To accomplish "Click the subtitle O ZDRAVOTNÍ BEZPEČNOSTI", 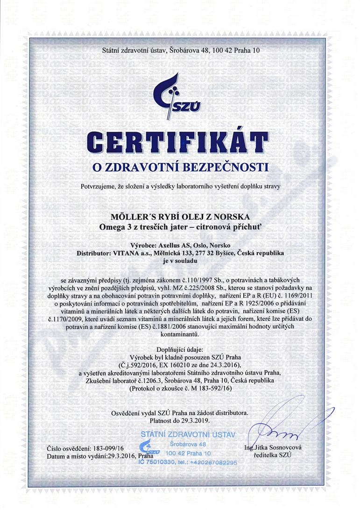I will click(x=180, y=167).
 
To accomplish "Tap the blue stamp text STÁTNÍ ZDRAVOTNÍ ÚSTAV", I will click(x=187, y=435).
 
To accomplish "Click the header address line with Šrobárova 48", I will click(x=180, y=50).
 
